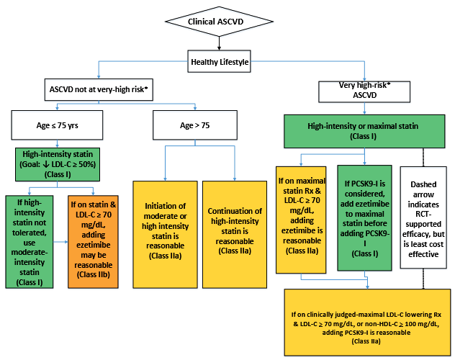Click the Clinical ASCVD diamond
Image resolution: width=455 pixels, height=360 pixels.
[x=219, y=22]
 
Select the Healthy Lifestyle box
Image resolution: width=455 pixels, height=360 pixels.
[x=219, y=61]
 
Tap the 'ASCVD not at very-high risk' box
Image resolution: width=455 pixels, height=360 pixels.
[x=99, y=89]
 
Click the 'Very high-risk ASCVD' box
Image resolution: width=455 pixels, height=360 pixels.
[x=364, y=91]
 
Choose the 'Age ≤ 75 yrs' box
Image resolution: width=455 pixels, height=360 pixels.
[x=57, y=125]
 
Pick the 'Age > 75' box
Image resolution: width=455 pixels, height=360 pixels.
[x=195, y=125]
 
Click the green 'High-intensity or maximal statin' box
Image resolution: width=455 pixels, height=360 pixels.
[x=364, y=132]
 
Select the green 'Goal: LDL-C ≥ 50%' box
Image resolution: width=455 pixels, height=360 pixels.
[x=58, y=164]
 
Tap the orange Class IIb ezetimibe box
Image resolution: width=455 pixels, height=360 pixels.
[x=93, y=242]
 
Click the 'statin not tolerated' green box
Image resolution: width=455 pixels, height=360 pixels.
[x=30, y=242]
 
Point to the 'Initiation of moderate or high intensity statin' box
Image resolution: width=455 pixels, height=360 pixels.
[x=165, y=235]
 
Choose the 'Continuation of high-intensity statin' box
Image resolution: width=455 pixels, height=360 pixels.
[x=235, y=235]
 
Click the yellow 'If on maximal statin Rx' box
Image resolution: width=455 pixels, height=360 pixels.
[x=301, y=220]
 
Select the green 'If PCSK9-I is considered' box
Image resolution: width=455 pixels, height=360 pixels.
[x=364, y=218]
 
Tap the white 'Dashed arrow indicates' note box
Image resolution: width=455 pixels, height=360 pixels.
[x=423, y=217]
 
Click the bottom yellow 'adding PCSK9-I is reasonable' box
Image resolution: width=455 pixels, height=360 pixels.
[x=367, y=323]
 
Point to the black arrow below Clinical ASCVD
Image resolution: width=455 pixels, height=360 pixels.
[x=219, y=43]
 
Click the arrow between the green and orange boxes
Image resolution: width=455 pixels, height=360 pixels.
[x=60, y=242]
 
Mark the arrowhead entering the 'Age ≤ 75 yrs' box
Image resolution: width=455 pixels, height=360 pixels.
[x=57, y=108]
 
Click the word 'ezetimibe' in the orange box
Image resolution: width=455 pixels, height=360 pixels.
[x=93, y=245]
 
